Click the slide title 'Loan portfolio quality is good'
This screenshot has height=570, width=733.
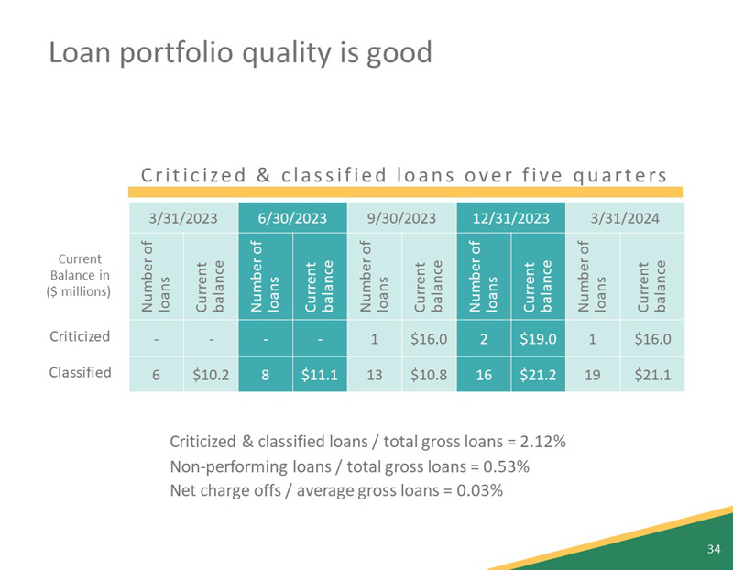pyautogui.click(x=239, y=52)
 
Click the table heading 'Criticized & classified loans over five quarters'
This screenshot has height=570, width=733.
pyautogui.click(x=402, y=174)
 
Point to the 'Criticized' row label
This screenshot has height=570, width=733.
pyautogui.click(x=81, y=336)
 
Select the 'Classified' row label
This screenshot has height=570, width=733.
pyautogui.click(x=81, y=372)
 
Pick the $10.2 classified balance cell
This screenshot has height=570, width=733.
pyautogui.click(x=211, y=373)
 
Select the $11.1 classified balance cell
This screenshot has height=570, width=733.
pyautogui.click(x=319, y=373)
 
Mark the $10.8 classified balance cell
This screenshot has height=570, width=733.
pyautogui.click(x=429, y=373)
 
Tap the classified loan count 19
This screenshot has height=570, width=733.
pyautogui.click(x=592, y=373)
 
